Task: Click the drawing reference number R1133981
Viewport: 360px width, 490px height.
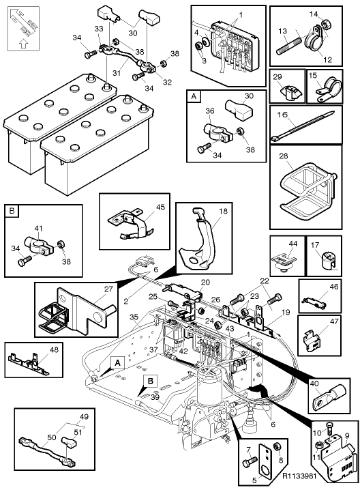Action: click(299, 476)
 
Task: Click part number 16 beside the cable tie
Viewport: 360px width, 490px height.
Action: click(282, 115)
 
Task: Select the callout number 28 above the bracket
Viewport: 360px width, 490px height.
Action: click(284, 156)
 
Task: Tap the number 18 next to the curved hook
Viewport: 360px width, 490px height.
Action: click(223, 212)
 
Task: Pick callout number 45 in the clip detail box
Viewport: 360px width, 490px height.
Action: click(160, 207)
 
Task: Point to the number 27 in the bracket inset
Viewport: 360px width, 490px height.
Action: click(108, 289)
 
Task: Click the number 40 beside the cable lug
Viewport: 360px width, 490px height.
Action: click(314, 384)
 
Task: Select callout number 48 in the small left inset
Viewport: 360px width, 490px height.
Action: click(54, 349)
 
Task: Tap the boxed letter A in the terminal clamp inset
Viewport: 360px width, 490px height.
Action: click(194, 96)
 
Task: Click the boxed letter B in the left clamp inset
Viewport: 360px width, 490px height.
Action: click(12, 211)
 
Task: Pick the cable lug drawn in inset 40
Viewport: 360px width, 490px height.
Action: click(330, 396)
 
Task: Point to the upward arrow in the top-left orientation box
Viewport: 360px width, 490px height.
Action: click(23, 44)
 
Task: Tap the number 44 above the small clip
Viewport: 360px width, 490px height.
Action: click(292, 244)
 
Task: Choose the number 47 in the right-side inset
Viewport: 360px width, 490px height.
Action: click(334, 321)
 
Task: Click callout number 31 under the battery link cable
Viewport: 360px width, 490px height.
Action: click(117, 73)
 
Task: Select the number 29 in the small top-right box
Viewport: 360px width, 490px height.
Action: click(277, 77)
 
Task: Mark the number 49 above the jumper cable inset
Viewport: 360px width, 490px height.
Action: click(84, 416)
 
